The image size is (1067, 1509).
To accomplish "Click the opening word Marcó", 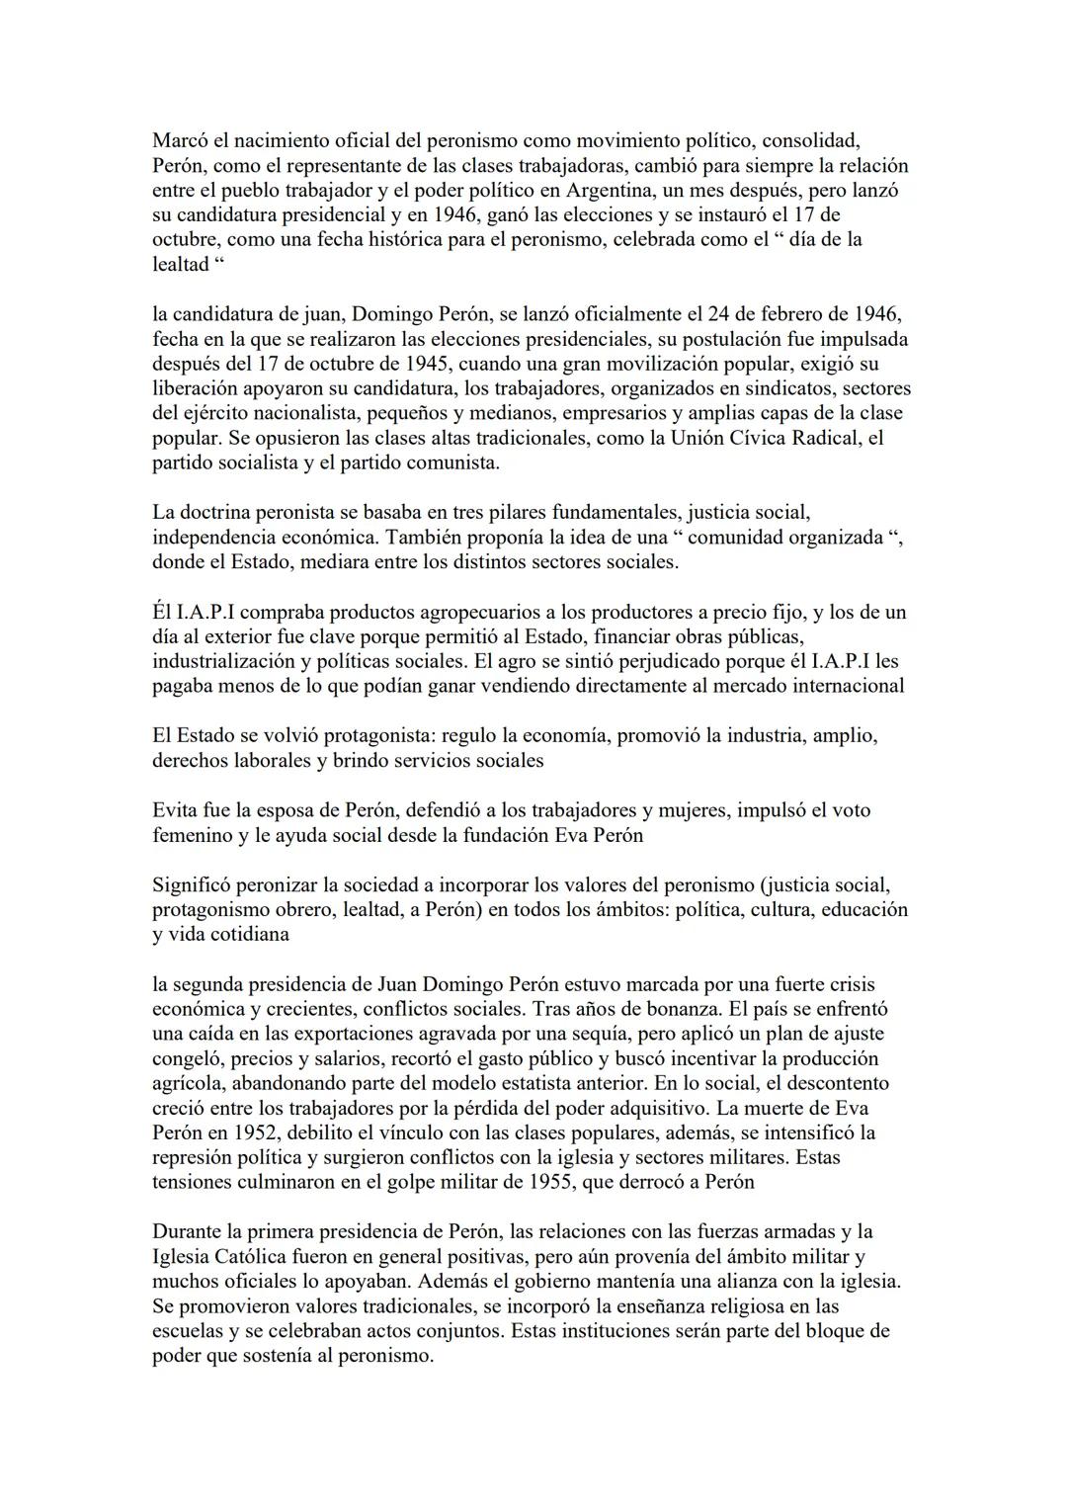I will point(180,140).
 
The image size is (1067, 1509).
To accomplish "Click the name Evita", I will point(176,810).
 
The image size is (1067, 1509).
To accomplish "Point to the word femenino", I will point(193,835).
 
